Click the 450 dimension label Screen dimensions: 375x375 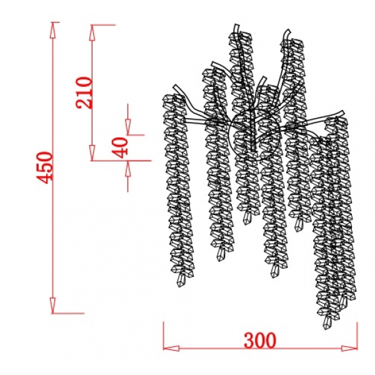(x=44, y=167)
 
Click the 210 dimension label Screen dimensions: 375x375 (x=84, y=92)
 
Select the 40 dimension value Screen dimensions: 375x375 (x=120, y=147)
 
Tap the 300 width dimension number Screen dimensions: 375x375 (x=260, y=340)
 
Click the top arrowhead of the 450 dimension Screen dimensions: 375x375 (x=53, y=30)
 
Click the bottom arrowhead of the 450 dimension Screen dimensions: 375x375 (x=53, y=305)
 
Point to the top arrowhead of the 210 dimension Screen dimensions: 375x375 (x=92, y=32)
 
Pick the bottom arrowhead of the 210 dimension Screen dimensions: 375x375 (x=92, y=152)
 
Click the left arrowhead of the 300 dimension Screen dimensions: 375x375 (x=171, y=348)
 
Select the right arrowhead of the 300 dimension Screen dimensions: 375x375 (x=349, y=348)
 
